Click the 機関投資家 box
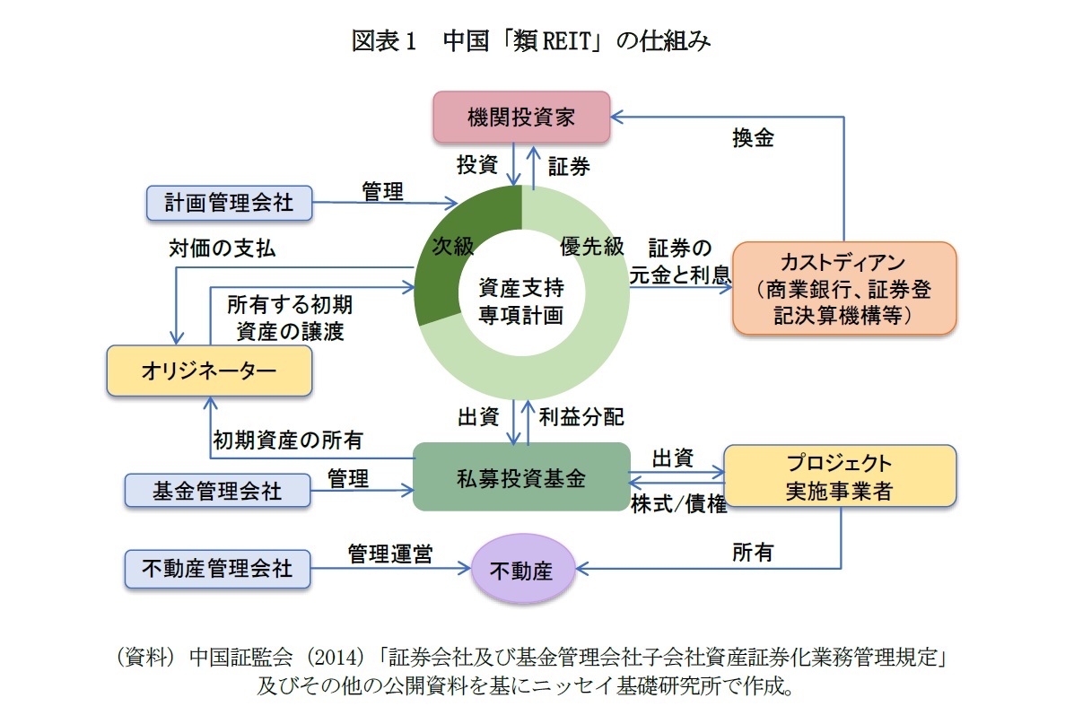pos(521,118)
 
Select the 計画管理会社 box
pos(229,203)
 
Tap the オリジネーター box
pos(209,371)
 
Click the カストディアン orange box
pos(843,289)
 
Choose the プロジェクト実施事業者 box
pos(839,477)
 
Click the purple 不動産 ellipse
pos(522,570)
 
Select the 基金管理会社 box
pos(217,490)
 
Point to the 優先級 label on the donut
pos(591,248)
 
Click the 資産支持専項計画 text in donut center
pos(521,302)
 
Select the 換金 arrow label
pos(753,138)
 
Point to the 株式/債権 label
pos(678,504)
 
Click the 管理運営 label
pos(390,554)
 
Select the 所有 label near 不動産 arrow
pos(752,554)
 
